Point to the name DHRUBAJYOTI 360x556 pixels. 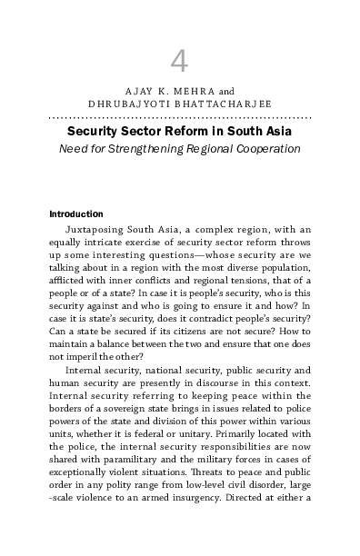click(125, 104)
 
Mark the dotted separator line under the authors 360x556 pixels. click(180, 118)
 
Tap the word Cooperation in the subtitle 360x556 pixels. click(268, 148)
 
